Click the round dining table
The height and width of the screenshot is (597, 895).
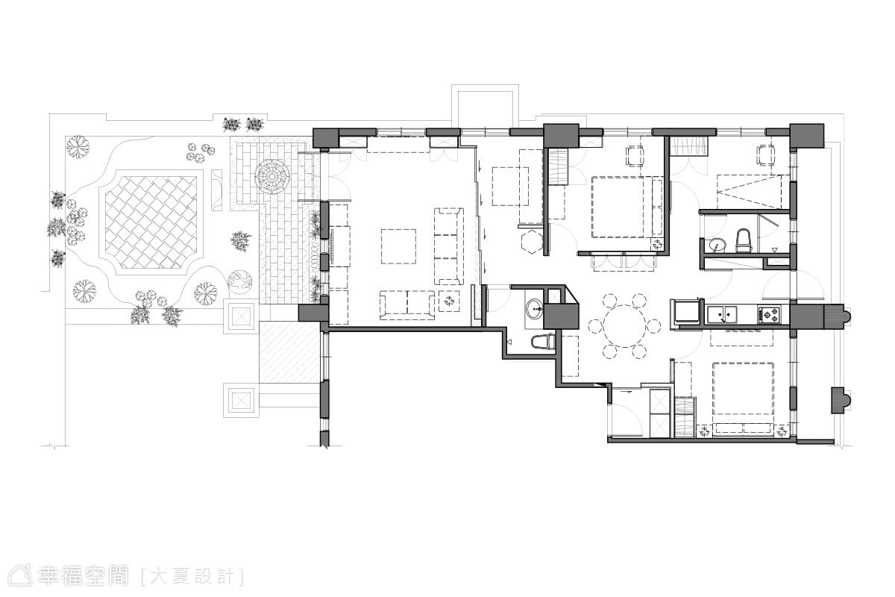[624, 326]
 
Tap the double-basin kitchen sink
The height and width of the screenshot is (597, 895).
[722, 314]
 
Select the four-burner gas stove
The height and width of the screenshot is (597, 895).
[769, 315]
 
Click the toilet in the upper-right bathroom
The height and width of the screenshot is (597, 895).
[744, 240]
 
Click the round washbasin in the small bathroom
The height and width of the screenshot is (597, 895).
[534, 310]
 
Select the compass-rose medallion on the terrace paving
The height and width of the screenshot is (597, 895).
[272, 177]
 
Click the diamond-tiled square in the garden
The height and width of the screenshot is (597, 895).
[151, 222]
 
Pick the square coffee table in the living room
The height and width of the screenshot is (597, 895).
[398, 246]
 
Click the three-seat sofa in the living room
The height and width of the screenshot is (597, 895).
[449, 246]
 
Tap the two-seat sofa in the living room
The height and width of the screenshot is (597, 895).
[407, 305]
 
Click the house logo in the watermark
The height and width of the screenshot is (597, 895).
[20, 576]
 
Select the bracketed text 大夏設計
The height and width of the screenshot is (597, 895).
[192, 577]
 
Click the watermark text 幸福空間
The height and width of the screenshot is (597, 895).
[83, 576]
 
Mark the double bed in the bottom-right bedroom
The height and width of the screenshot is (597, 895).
[743, 388]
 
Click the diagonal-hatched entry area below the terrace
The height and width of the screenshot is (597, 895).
[290, 352]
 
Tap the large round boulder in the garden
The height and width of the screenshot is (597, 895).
[239, 282]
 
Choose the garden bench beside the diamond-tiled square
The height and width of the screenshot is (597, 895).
[216, 190]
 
